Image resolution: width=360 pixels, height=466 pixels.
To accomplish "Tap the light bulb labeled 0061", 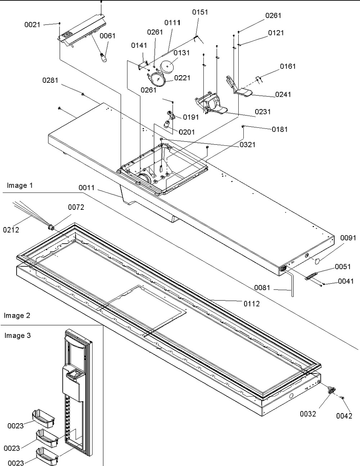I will tap(103, 57).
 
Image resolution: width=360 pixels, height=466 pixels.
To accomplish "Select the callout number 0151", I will tap(200, 12).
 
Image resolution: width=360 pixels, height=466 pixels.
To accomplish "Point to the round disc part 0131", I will tap(166, 66).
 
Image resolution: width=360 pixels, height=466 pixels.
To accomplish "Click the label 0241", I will tap(283, 95).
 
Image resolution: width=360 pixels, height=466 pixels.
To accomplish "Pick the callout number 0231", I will tap(263, 112).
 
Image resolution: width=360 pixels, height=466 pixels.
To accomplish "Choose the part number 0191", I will tap(191, 117).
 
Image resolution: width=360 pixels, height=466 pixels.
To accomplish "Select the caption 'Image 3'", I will tap(17, 336).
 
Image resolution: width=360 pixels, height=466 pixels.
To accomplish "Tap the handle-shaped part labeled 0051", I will tap(312, 276).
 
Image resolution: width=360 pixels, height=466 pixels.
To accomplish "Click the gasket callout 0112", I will tap(251, 304).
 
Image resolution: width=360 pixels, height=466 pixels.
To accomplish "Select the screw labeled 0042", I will tap(343, 398).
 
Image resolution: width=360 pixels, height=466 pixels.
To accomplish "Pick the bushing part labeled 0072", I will tap(51, 226).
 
